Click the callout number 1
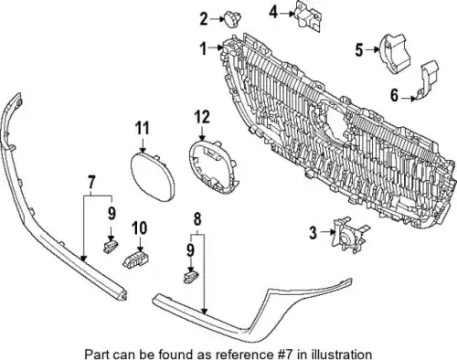point(204,48)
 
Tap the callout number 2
point(204,19)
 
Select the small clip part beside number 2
point(232,19)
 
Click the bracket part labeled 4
point(308,16)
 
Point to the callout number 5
point(359,50)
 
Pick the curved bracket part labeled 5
point(394,56)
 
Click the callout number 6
point(395,95)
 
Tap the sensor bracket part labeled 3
point(349,234)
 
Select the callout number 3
point(314,233)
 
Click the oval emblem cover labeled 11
point(153,177)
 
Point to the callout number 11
point(143,128)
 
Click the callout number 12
point(203,117)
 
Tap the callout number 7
point(91,183)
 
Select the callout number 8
point(197,219)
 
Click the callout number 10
point(140,228)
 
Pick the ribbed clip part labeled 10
point(135,259)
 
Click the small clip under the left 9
point(111,247)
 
